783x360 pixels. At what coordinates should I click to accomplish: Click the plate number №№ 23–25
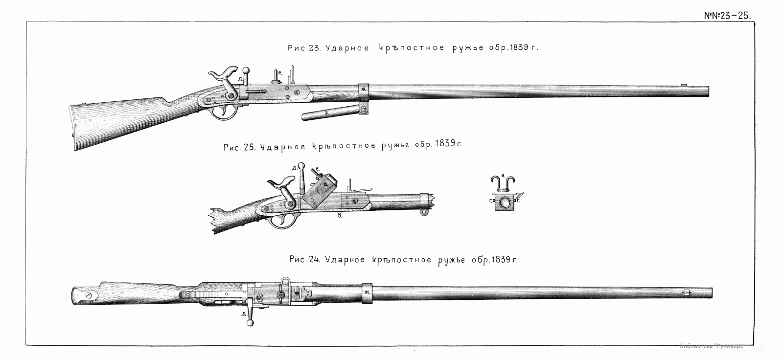pos(727,15)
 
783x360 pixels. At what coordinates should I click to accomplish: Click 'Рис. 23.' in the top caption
pos(303,48)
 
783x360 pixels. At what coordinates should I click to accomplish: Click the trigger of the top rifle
pos(225,112)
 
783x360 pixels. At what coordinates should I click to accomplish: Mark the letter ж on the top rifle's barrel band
pos(363,90)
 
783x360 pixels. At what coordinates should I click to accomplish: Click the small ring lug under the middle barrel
pos(425,212)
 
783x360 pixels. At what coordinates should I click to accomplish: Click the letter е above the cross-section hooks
pos(503,175)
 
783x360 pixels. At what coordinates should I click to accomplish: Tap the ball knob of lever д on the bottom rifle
pos(251,322)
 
